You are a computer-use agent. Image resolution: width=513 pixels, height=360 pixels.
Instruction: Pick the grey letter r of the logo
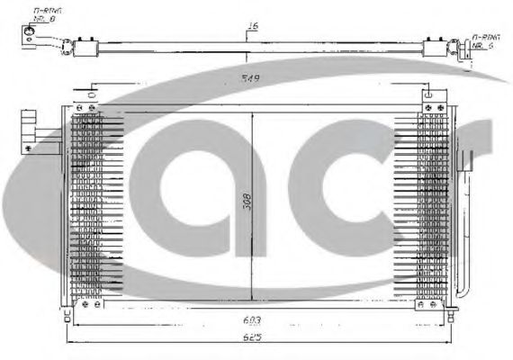click(450, 180)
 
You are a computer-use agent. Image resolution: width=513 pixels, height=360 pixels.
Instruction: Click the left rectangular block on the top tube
click(87, 45)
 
